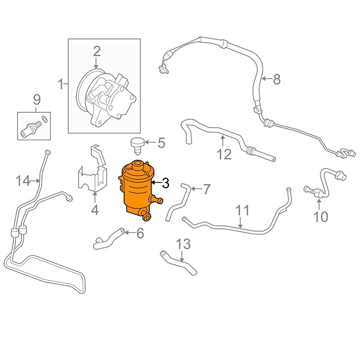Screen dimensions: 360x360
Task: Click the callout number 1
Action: [x=60, y=84]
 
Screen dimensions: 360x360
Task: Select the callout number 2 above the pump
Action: [x=97, y=51]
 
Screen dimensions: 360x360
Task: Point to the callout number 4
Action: [x=95, y=210]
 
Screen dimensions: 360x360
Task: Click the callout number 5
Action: [x=161, y=144]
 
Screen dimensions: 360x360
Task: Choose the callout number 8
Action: [x=276, y=80]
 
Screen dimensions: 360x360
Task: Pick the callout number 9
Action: [x=36, y=99]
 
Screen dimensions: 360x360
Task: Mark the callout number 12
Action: [x=224, y=154]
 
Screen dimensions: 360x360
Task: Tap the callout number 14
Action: [x=22, y=181]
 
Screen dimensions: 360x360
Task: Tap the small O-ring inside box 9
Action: [x=44, y=120]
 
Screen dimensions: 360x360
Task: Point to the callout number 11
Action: [x=242, y=210]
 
